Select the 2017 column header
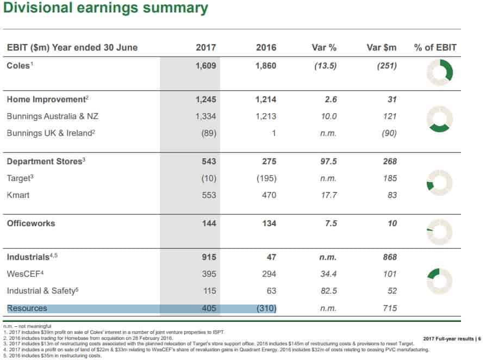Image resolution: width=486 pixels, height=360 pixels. point(205,47)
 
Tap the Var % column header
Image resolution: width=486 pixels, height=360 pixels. point(324,47)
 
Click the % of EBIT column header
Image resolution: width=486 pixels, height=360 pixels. point(435,47)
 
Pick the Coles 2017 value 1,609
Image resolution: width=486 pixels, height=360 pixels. point(205,66)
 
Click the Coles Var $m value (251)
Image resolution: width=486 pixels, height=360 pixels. point(386,66)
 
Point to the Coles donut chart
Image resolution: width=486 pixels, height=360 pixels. point(439,72)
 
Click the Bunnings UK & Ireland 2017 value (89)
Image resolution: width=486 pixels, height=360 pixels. point(208,133)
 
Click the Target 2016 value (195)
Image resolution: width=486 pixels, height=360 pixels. point(265,178)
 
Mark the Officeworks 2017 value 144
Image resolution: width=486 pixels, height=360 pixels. point(209,224)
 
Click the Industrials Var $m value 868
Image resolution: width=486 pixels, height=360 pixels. point(389,257)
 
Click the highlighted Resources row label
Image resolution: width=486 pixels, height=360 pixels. point(27,308)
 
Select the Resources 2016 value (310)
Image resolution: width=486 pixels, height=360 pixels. point(265,308)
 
